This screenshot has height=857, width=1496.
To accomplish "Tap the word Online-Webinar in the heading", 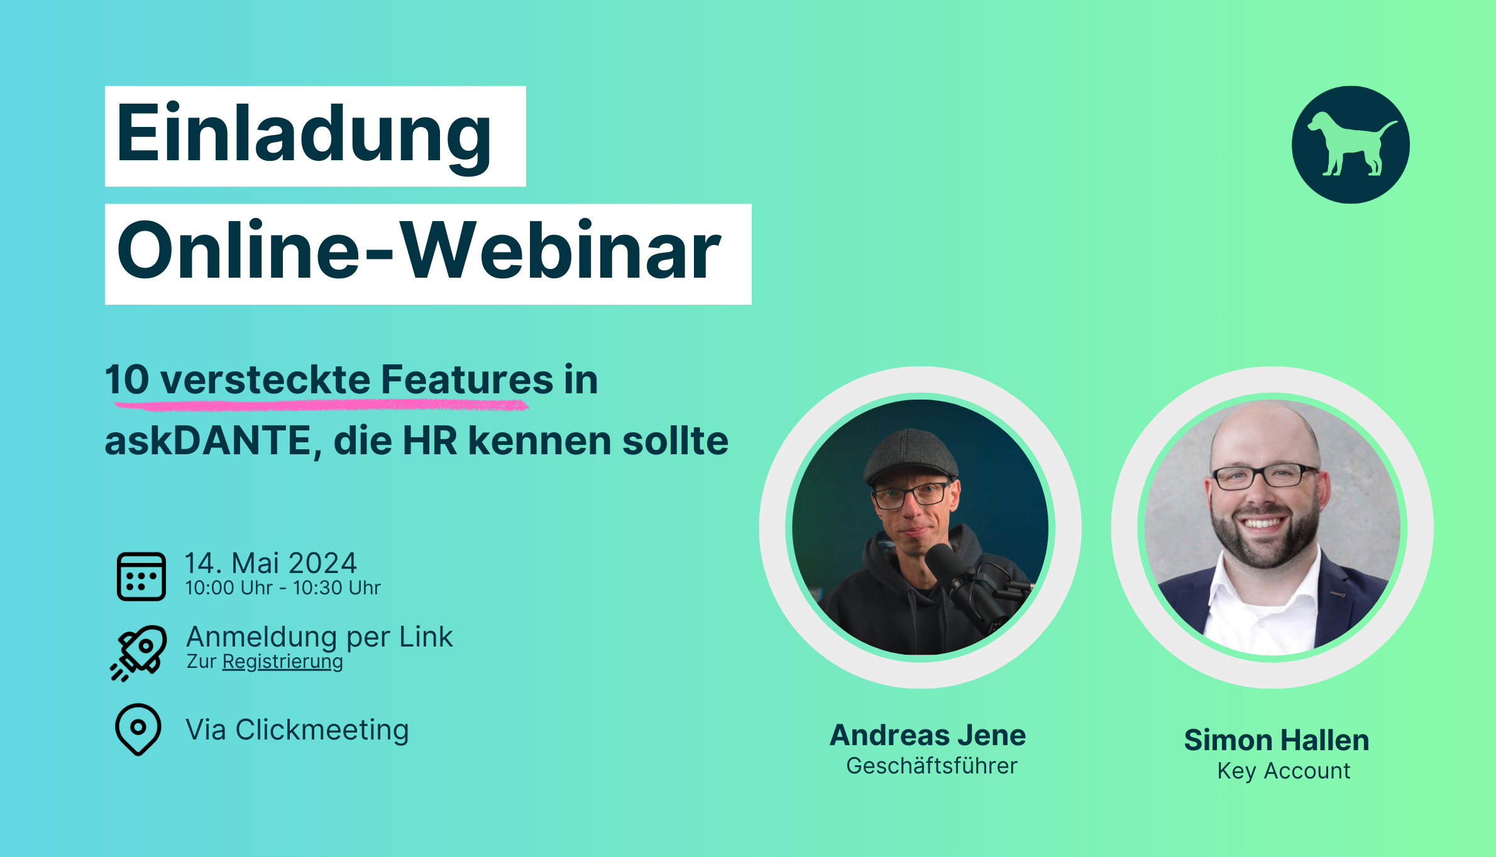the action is (419, 250).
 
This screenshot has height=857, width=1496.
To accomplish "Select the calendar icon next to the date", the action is (141, 576).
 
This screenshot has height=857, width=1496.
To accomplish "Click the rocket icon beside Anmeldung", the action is (139, 653).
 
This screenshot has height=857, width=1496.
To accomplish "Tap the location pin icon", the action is (138, 729).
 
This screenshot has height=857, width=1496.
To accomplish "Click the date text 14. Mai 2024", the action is (271, 563).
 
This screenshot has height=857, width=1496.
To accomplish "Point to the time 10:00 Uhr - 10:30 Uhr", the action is (283, 588).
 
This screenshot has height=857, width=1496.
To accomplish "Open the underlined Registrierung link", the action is (283, 662).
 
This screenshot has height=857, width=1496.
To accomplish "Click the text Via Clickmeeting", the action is (297, 730).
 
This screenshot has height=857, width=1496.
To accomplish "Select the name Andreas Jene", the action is (928, 735).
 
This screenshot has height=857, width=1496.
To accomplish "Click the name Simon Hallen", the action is (1277, 740).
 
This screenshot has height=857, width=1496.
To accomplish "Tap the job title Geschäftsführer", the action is (932, 766).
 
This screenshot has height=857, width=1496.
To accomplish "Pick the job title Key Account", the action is (1284, 771).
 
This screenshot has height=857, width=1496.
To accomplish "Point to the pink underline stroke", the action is (321, 405).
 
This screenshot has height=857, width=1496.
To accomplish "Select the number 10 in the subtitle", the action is (127, 380).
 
